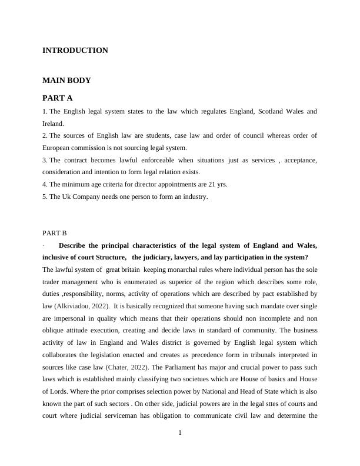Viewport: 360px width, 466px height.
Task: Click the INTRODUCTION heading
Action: click(x=75, y=51)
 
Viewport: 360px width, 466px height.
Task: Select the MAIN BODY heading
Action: click(x=66, y=80)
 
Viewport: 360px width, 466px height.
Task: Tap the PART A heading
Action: click(x=57, y=98)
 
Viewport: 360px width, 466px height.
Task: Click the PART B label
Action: click(x=55, y=233)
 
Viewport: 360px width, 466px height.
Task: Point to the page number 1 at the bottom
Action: click(x=180, y=433)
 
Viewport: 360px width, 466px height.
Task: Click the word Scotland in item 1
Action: click(x=256, y=111)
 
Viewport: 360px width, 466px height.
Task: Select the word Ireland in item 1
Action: click(x=52, y=124)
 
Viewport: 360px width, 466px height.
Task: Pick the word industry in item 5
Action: click(x=194, y=197)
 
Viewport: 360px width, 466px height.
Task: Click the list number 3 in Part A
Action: click(x=44, y=160)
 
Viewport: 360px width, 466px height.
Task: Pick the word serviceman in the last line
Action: click(x=141, y=416)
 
